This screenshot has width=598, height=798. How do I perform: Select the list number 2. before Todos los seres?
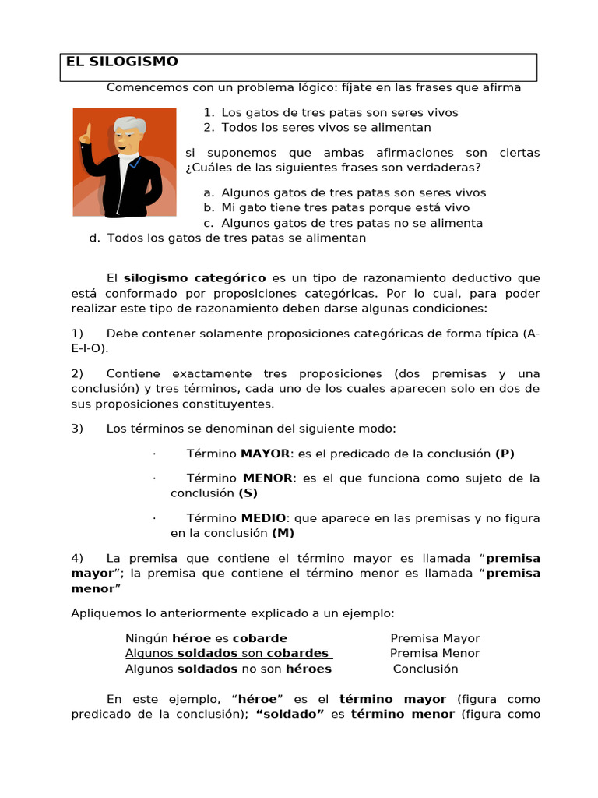(x=209, y=127)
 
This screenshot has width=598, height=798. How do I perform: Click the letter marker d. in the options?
(x=95, y=238)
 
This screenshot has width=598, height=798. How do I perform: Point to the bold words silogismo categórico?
(x=195, y=277)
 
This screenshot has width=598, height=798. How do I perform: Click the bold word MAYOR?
(x=265, y=454)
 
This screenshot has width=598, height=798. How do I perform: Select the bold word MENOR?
(x=268, y=478)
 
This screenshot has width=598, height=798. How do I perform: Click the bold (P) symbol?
(x=505, y=454)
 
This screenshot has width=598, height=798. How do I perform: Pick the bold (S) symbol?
(x=248, y=493)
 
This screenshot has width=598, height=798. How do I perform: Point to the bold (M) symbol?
(x=283, y=533)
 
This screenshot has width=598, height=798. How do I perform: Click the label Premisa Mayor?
(x=435, y=638)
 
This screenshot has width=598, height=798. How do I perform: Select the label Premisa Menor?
(x=434, y=653)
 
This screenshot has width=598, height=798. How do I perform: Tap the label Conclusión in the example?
(x=425, y=669)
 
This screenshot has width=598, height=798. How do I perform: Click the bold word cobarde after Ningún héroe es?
(x=260, y=638)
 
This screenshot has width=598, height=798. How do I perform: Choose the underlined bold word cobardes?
(x=297, y=653)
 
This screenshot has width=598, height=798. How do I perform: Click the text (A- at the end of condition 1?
(x=531, y=334)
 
